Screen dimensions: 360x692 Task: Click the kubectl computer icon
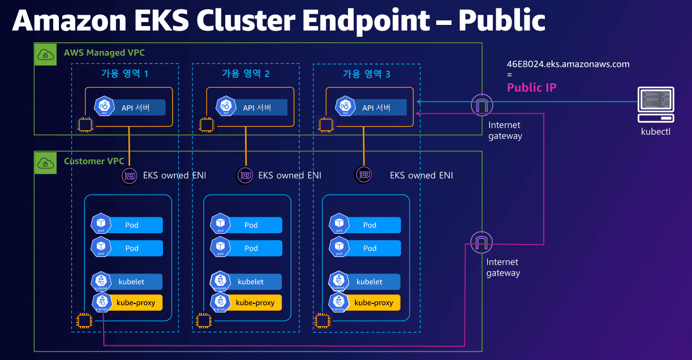656,104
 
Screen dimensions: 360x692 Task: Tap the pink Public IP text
531,87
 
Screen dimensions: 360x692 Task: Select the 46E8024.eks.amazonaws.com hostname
568,64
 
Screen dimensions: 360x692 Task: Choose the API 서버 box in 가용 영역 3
376,108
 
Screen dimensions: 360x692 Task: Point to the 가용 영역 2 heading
246,74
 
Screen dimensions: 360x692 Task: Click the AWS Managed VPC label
104,53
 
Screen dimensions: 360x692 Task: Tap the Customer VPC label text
94,161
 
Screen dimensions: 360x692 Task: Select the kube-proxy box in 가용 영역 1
135,302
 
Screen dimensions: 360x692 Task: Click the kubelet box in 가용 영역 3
369,281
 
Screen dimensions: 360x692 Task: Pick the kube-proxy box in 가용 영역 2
255,302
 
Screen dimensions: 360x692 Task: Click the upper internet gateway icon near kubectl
482,104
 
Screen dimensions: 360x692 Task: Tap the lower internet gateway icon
482,242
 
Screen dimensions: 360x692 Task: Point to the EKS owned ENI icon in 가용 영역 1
130,175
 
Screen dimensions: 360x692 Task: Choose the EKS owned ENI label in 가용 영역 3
421,175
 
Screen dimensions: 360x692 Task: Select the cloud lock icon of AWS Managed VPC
45,54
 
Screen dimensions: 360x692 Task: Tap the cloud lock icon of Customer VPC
45,163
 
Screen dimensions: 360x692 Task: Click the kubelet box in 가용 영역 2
250,281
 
